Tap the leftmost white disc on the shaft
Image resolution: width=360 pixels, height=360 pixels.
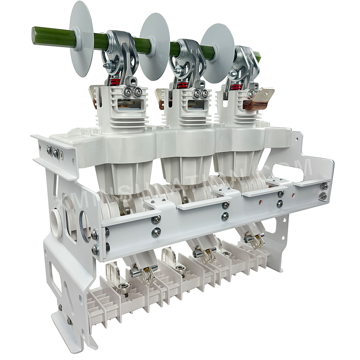pyautogui.click(x=82, y=38)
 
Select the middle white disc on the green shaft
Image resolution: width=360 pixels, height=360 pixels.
pyautogui.click(x=155, y=47)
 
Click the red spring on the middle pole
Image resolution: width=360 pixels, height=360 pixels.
pyautogui.click(x=183, y=85)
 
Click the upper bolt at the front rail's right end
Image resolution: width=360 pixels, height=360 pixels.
pyautogui.click(x=324, y=186)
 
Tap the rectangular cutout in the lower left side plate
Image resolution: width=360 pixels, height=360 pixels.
pyautogui.click(x=55, y=281)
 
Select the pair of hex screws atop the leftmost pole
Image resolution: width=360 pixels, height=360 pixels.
pyautogui.click(x=131, y=92)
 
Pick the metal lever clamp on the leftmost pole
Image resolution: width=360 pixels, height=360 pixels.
pyautogui.click(x=122, y=54)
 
